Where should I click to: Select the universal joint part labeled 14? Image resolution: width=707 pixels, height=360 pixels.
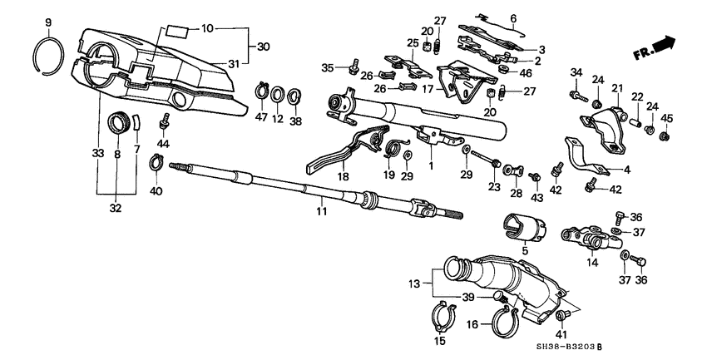click(x=590, y=240)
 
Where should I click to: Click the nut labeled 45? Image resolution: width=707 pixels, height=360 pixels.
click(x=665, y=136)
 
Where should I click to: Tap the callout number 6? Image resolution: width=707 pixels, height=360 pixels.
click(x=513, y=18)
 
